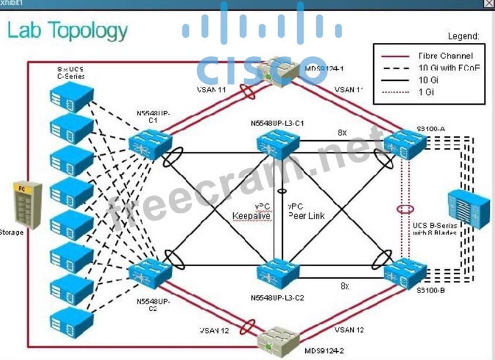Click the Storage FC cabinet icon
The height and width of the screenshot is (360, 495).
click(28, 205)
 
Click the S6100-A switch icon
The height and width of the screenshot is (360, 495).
click(405, 142)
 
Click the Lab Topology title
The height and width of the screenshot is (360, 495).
click(67, 30)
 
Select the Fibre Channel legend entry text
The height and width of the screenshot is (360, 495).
click(445, 56)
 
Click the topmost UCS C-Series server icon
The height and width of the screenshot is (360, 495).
click(72, 97)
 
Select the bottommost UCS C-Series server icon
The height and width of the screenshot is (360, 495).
click(72, 320)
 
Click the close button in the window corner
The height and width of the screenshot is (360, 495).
click(489, 4)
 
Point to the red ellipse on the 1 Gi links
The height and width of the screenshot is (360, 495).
click(404, 209)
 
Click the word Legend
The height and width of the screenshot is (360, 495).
click(463, 36)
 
